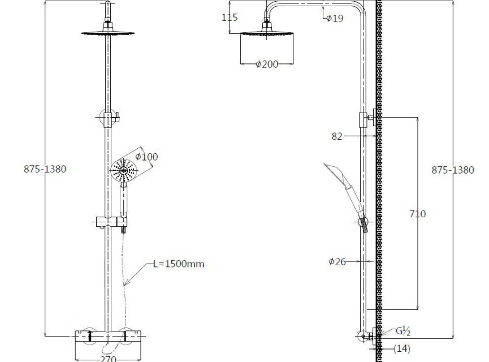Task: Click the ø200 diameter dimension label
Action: coord(267,64)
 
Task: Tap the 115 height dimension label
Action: coord(230,18)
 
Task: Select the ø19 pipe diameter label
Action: coord(335,19)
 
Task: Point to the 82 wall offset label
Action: coord(337,136)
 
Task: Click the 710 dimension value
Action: coord(417,214)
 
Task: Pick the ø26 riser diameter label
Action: coord(337,261)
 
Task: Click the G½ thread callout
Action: coord(403,331)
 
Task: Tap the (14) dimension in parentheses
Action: coord(402,348)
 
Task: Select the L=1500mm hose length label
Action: coord(179,264)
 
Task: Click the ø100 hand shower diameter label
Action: coord(146,157)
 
